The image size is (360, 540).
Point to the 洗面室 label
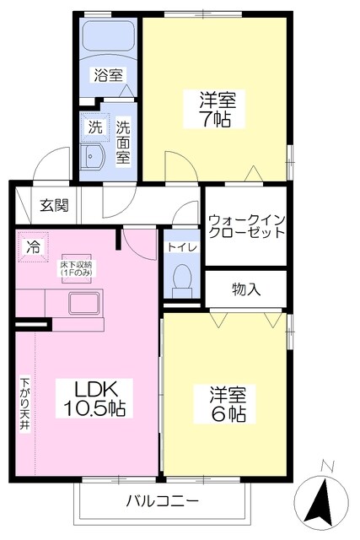[x=123, y=142]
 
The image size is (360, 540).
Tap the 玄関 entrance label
[x=53, y=205]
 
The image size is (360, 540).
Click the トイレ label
[x=182, y=247]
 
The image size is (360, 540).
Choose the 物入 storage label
[x=246, y=289]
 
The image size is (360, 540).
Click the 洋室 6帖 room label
[x=228, y=404]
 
